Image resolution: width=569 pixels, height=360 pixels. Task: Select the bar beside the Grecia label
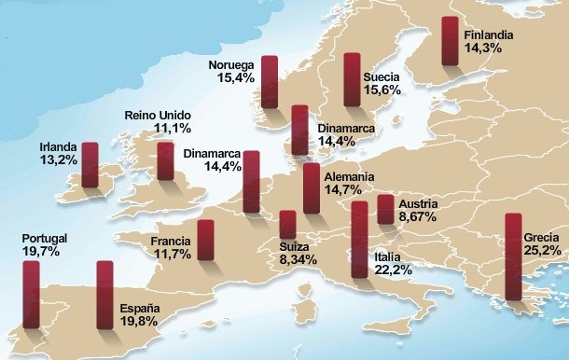(512, 256)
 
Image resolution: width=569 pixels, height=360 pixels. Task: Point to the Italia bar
(359, 240)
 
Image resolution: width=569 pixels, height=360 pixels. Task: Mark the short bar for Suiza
(287, 225)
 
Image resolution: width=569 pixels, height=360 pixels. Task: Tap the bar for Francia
(206, 244)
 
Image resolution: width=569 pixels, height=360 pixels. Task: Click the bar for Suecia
(352, 80)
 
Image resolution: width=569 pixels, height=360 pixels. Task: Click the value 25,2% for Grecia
(543, 251)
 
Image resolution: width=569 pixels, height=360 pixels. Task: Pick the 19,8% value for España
(140, 322)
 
